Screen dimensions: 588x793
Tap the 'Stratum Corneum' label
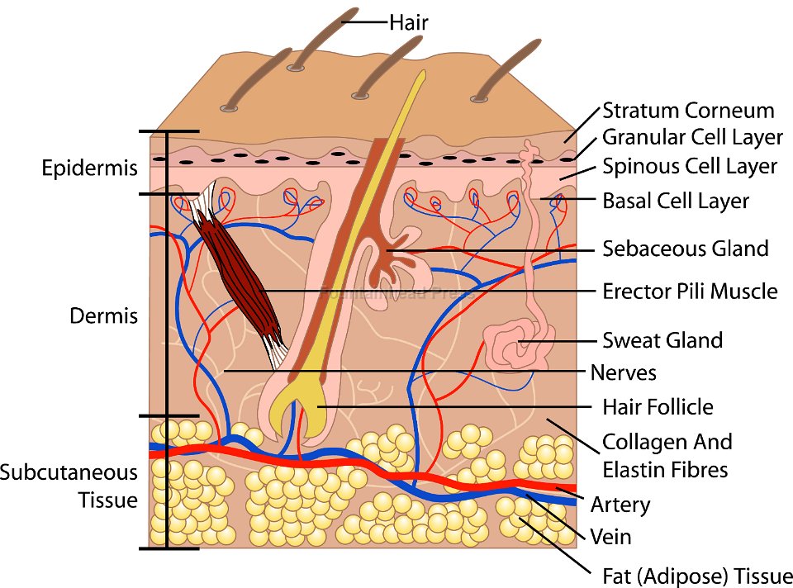688,111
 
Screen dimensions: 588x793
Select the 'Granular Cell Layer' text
692,137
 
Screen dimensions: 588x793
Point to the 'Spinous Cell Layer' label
690,166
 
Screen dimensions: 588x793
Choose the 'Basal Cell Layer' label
676,201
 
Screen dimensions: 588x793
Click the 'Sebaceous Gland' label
686,249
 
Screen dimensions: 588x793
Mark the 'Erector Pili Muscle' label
690,291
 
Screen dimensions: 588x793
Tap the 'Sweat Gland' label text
662,340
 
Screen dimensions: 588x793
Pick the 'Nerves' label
623,372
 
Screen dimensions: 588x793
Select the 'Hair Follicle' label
658,407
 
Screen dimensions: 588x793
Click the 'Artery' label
620,505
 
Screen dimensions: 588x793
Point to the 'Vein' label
610,537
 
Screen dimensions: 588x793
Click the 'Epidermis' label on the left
89,168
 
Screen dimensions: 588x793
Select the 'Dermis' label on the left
103,316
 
